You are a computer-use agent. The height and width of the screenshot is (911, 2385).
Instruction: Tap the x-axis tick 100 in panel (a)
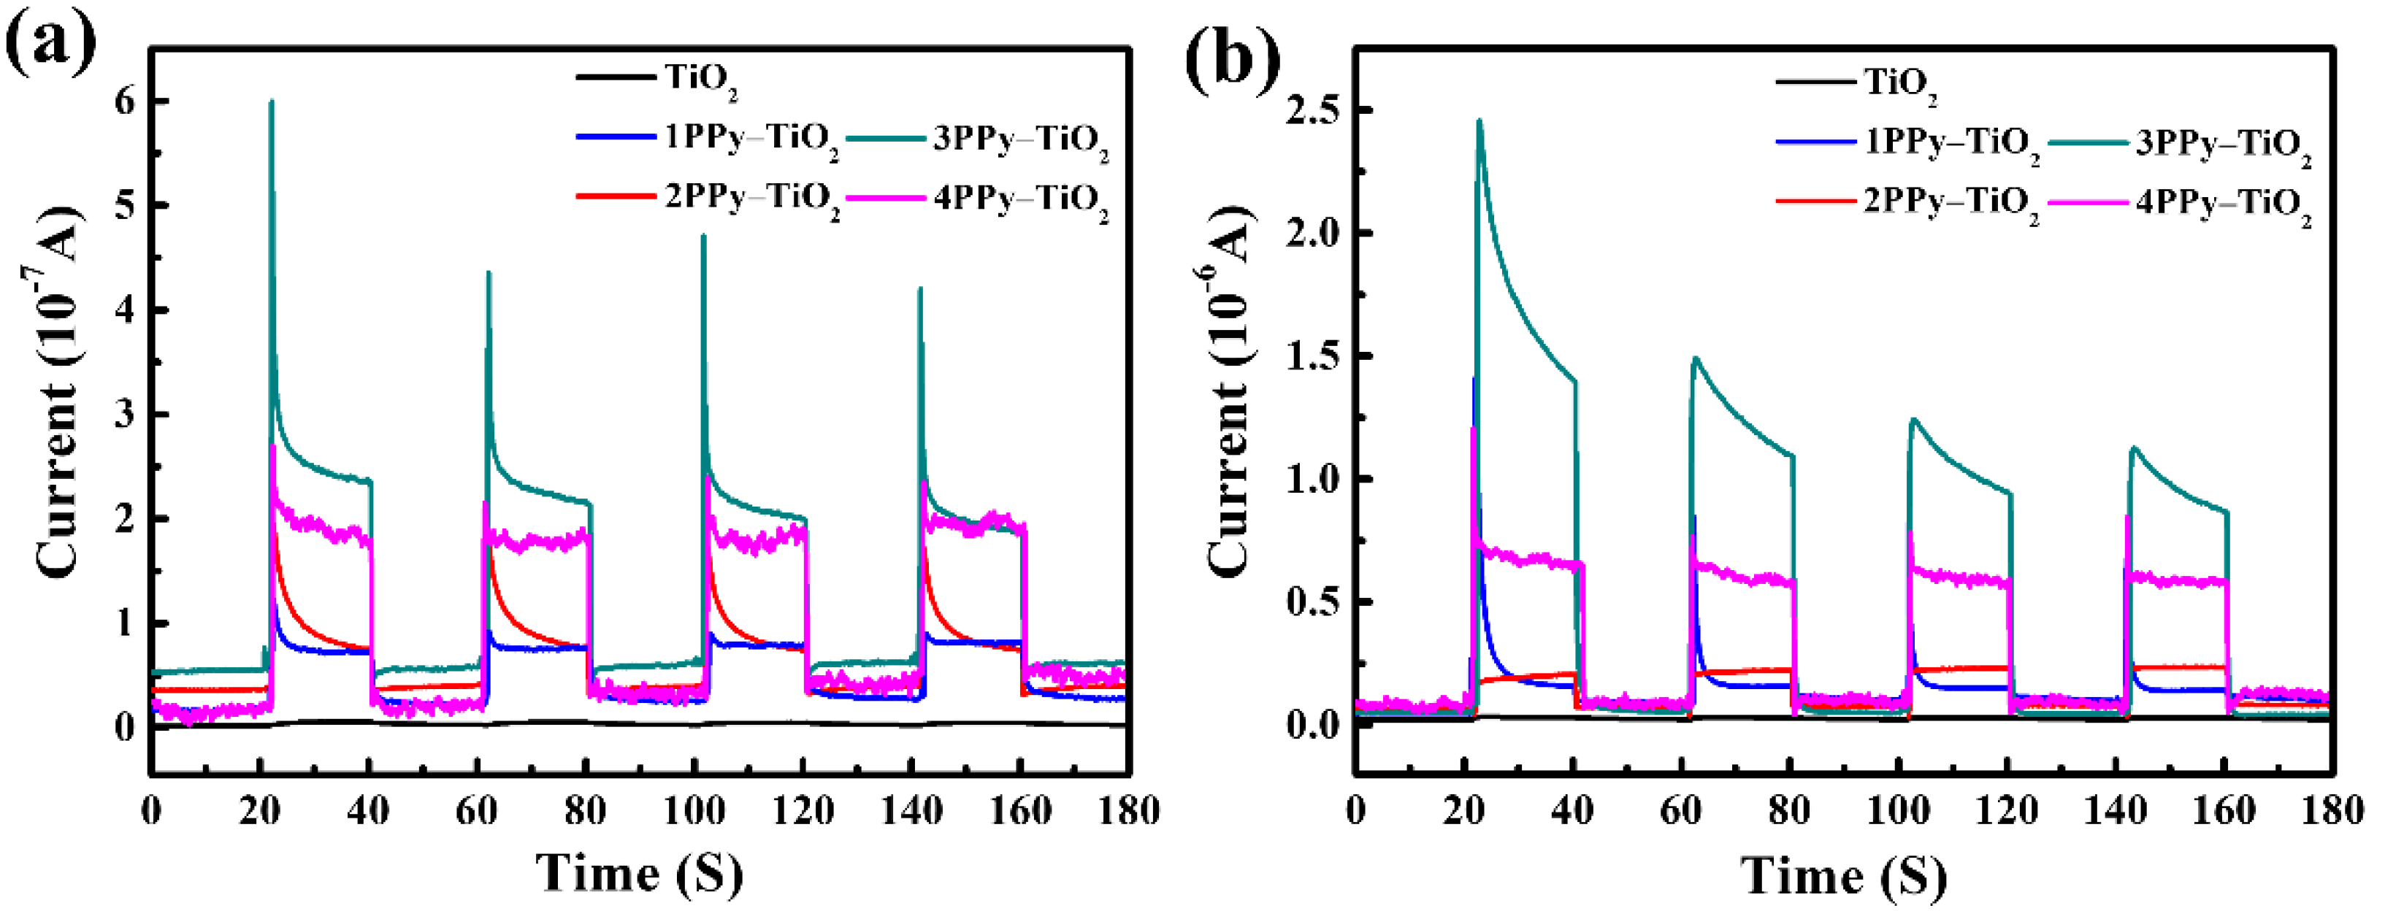click(694, 812)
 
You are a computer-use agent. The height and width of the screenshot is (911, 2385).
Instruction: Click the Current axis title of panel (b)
click(1230, 389)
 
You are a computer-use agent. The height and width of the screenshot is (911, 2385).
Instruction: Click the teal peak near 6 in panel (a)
click(271, 102)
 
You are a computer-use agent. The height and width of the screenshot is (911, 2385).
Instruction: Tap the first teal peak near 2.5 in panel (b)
click(1479, 120)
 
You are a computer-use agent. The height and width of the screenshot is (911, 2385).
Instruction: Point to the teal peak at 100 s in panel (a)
click(704, 236)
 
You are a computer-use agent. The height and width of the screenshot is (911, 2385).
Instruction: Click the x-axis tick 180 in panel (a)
click(1128, 812)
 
